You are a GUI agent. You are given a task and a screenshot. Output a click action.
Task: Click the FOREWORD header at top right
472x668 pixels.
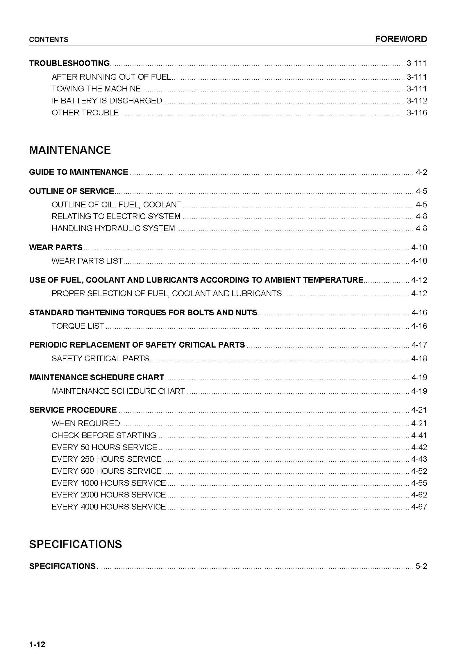coord(401,39)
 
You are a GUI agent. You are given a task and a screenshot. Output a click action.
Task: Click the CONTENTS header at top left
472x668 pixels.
coord(49,40)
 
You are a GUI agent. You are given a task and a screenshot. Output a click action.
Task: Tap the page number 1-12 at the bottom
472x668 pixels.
coord(37,644)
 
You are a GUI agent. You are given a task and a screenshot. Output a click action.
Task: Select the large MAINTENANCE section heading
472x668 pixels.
coord(70,150)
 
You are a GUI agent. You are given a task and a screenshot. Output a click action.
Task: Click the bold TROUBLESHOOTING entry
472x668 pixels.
coord(69,63)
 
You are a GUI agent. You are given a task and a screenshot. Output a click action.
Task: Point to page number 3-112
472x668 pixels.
coord(416,101)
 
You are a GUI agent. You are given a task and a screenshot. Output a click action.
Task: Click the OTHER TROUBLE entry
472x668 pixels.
coord(85,113)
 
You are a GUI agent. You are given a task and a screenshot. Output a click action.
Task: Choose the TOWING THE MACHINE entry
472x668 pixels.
coord(96,89)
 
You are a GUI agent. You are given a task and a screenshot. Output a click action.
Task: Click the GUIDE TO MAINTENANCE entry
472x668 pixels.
coord(78,172)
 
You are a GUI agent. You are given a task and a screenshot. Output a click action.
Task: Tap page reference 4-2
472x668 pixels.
coord(421,172)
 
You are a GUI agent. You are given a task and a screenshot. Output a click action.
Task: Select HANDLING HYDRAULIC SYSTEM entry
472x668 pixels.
coord(113,228)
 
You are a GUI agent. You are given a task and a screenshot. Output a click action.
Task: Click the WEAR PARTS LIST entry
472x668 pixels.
coord(87,261)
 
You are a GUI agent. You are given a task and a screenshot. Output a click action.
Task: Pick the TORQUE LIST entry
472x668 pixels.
coord(78,326)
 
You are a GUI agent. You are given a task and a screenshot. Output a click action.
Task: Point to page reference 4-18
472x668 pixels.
coord(419,358)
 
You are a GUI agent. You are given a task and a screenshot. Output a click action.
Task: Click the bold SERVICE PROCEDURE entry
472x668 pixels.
coord(73,410)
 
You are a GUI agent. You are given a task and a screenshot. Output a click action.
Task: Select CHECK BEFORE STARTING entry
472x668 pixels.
coord(104,435)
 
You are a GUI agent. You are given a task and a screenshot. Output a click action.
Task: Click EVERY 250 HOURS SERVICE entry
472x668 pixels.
coord(106,459)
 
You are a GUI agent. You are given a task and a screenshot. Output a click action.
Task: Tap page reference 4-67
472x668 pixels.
coord(419,507)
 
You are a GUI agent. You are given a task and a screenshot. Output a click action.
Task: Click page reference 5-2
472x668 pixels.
coord(421,566)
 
